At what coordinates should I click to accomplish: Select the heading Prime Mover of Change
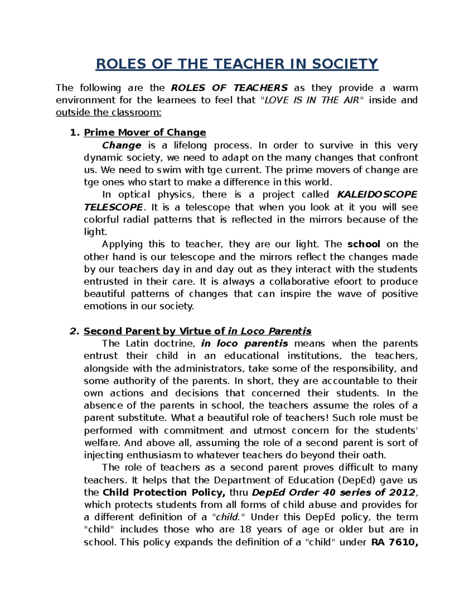click(x=145, y=132)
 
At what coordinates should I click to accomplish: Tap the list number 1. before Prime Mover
click(x=75, y=132)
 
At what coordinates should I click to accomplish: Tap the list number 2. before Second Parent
click(x=75, y=331)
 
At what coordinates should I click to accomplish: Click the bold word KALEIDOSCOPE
click(x=377, y=195)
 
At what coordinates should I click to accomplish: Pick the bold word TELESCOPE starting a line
click(x=113, y=207)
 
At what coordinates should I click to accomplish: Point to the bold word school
click(x=363, y=244)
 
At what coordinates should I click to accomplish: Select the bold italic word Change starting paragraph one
click(x=122, y=145)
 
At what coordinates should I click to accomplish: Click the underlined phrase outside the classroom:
click(x=109, y=112)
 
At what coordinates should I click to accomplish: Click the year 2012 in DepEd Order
click(x=402, y=493)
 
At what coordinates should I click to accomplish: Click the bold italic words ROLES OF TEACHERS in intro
click(x=229, y=88)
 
